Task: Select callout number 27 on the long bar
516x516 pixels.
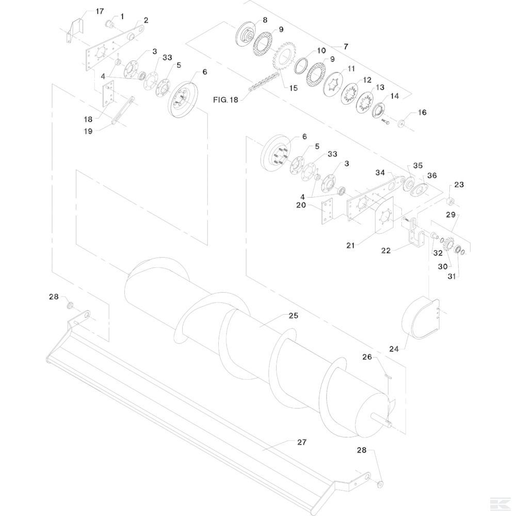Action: pos(302,442)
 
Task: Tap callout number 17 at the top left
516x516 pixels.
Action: pos(100,11)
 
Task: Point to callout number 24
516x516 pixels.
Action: pos(394,349)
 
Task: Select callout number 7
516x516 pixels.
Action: pos(346,46)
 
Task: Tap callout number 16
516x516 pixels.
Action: pos(422,112)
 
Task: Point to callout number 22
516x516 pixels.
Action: pos(386,251)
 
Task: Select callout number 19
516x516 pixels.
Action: pos(88,131)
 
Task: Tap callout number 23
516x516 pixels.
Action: pos(459,184)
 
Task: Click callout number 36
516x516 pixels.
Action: pos(432,175)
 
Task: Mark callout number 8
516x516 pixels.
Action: pos(265,20)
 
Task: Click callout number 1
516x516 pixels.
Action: pos(122,17)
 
